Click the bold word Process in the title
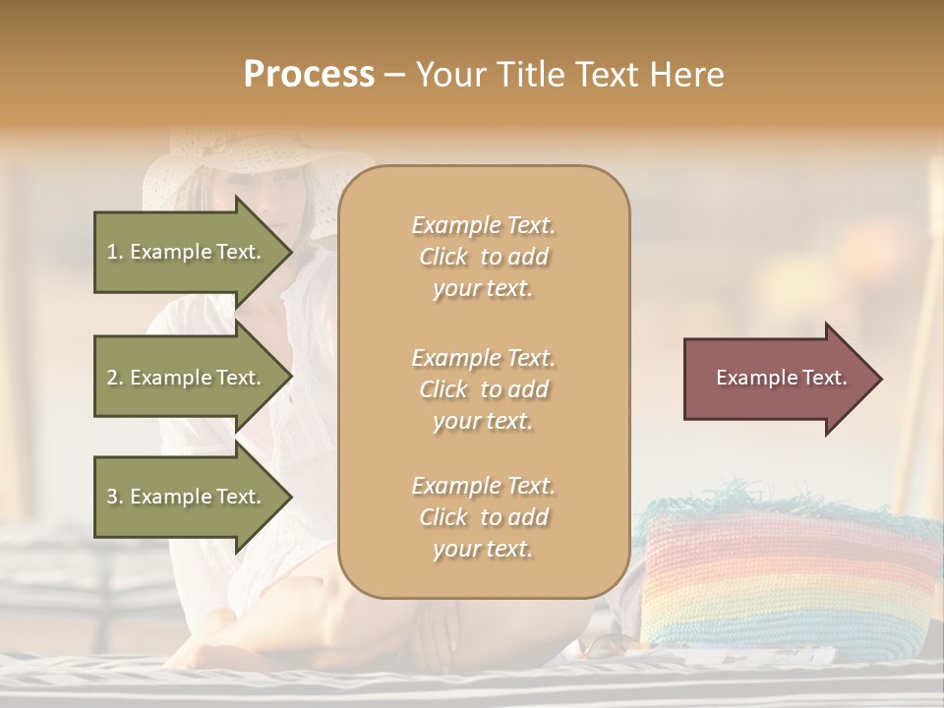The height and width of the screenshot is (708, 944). (309, 75)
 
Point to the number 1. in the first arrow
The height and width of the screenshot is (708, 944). (115, 252)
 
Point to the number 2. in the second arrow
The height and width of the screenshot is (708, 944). (116, 378)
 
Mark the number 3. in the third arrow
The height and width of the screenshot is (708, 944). (116, 497)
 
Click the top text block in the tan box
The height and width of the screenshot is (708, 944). (483, 257)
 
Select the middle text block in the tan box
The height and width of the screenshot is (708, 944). (483, 389)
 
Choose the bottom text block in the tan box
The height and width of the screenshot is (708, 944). (483, 517)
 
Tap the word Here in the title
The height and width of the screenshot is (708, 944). (687, 75)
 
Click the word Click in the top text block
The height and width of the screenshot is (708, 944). (443, 257)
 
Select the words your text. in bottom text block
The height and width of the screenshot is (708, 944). (483, 549)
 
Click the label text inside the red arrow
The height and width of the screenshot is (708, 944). (781, 378)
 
